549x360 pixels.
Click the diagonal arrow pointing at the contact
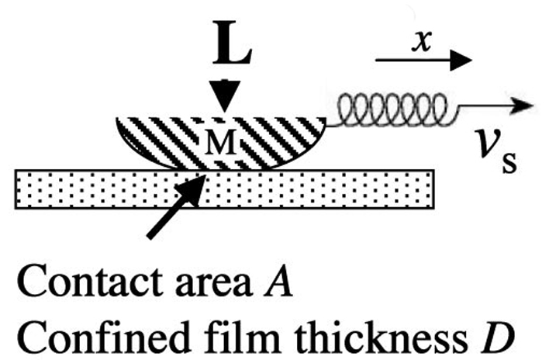[175, 207]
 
